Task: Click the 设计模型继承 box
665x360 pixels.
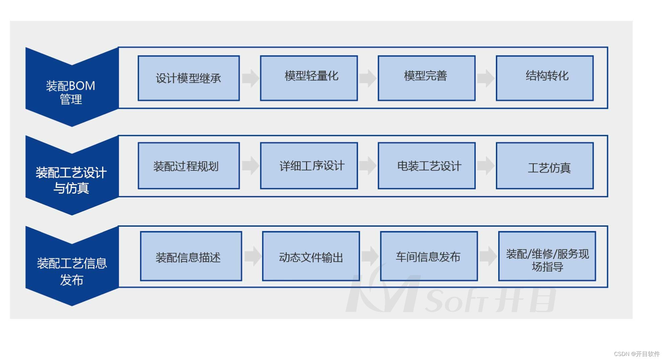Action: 189,78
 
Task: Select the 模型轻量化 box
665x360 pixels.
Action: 309,78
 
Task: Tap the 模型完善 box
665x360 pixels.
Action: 426,78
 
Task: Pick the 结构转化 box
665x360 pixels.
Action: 544,78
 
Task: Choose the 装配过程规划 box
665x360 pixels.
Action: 189,166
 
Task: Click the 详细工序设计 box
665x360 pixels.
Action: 309,166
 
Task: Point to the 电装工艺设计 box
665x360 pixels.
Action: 426,166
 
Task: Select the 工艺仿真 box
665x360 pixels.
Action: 544,166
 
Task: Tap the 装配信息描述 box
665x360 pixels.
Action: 191,256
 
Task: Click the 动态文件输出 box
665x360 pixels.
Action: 311,256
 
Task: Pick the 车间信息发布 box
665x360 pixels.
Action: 429,256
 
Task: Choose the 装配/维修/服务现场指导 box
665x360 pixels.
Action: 547,256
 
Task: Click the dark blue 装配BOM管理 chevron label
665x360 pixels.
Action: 71,92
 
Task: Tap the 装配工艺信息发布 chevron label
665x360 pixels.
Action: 71,271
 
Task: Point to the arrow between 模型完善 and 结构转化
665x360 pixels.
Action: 486,78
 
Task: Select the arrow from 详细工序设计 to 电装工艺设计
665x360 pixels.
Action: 368,165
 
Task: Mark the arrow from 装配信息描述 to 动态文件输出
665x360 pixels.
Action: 252,256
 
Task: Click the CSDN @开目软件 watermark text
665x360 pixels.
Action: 637,354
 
